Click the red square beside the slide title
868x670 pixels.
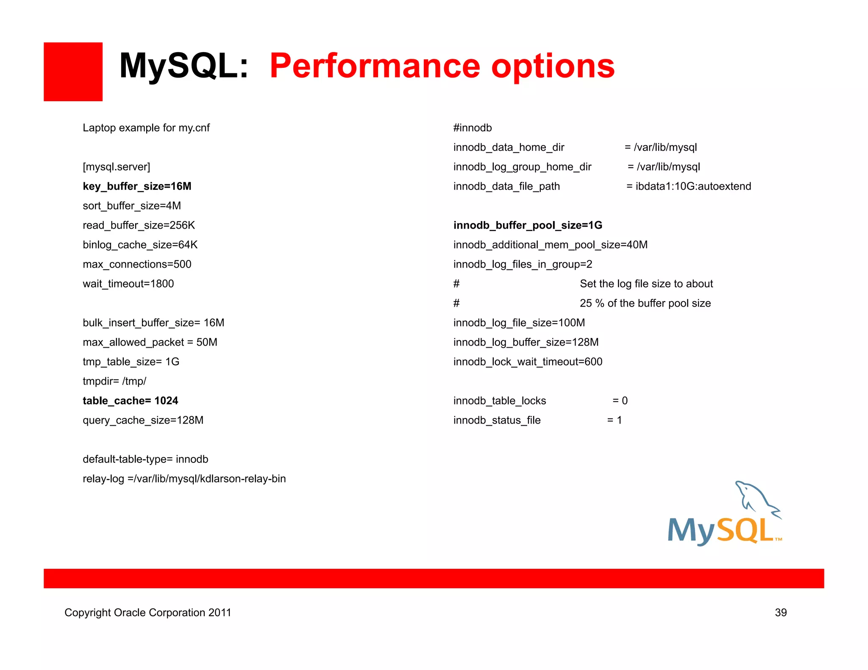pyautogui.click(x=73, y=72)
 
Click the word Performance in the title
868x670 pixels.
pyautogui.click(x=375, y=66)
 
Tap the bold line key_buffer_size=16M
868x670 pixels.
pyautogui.click(x=137, y=186)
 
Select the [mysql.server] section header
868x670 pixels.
pyautogui.click(x=117, y=167)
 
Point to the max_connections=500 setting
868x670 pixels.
pyautogui.click(x=137, y=264)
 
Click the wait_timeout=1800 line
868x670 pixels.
pyautogui.click(x=128, y=284)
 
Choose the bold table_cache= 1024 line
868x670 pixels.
pyautogui.click(x=130, y=401)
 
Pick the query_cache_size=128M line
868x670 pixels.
pyautogui.click(x=143, y=420)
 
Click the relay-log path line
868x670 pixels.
pyautogui.click(x=184, y=479)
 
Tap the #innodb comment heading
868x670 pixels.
pyautogui.click(x=472, y=128)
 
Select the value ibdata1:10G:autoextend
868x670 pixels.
pyautogui.click(x=693, y=186)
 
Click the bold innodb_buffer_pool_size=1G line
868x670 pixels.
pyautogui.click(x=528, y=225)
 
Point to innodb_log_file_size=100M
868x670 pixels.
pyautogui.click(x=519, y=323)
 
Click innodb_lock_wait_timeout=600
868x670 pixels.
pyautogui.click(x=528, y=362)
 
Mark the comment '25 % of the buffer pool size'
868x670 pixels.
pyautogui.click(x=645, y=303)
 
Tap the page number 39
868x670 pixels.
pyautogui.click(x=781, y=612)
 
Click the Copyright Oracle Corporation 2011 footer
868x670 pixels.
pyautogui.click(x=147, y=612)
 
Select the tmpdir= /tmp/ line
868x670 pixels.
pyautogui.click(x=114, y=381)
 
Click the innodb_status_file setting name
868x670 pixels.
pyautogui.click(x=497, y=420)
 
